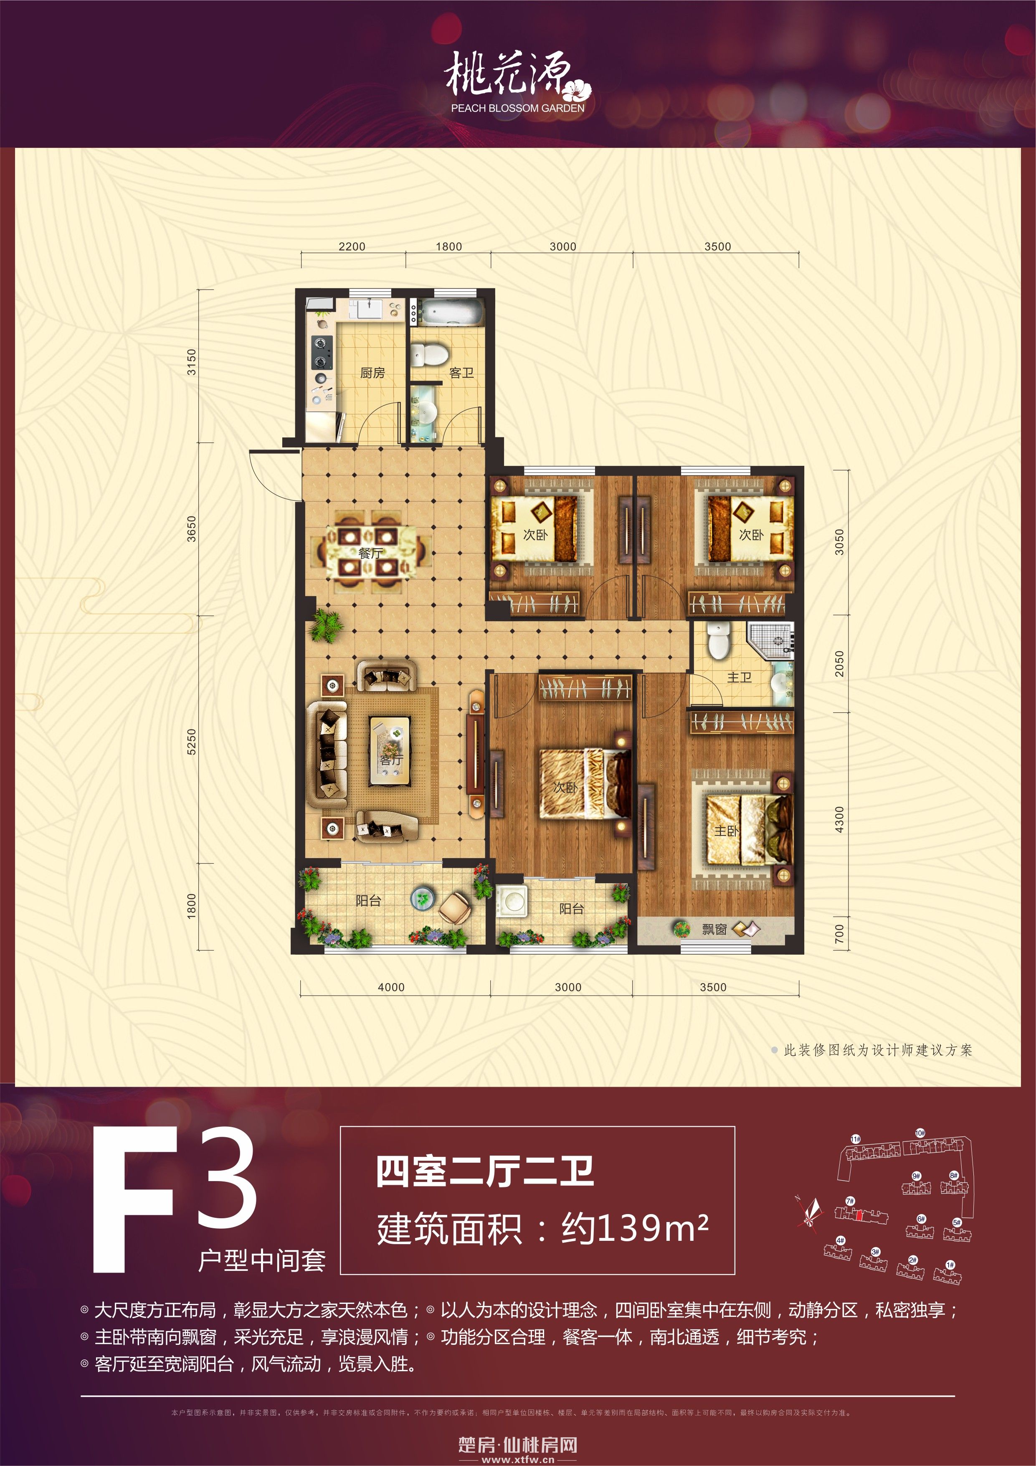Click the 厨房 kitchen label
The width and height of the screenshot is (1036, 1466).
[372, 373]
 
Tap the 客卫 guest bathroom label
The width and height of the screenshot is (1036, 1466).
[461, 373]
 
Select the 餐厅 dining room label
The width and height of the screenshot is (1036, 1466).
[370, 553]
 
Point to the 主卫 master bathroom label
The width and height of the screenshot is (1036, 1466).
[739, 678]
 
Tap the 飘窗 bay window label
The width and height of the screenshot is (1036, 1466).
[714, 930]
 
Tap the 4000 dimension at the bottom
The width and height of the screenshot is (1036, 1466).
[391, 987]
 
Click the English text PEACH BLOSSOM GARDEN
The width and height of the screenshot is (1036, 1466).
[518, 109]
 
